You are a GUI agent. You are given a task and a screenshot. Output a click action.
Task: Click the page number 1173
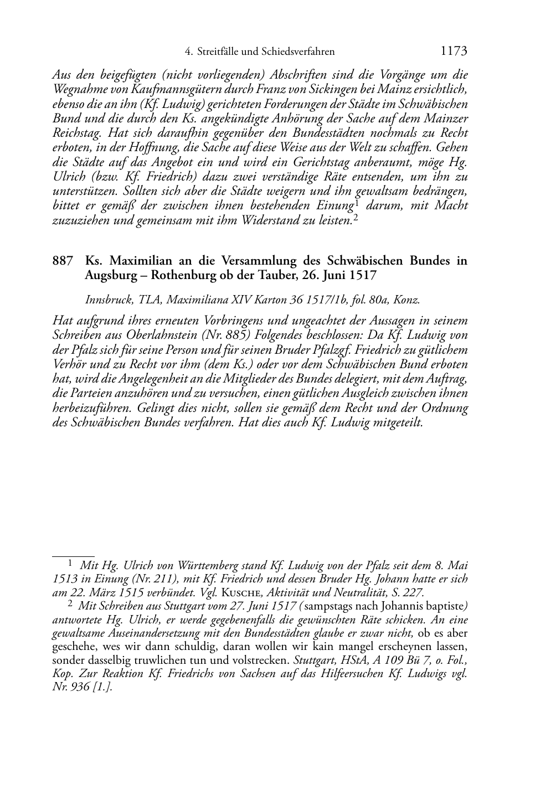(x=454, y=51)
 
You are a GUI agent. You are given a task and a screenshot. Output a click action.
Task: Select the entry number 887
(x=63, y=260)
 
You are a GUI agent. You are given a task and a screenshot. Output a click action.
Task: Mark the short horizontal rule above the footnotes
(x=73, y=554)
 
